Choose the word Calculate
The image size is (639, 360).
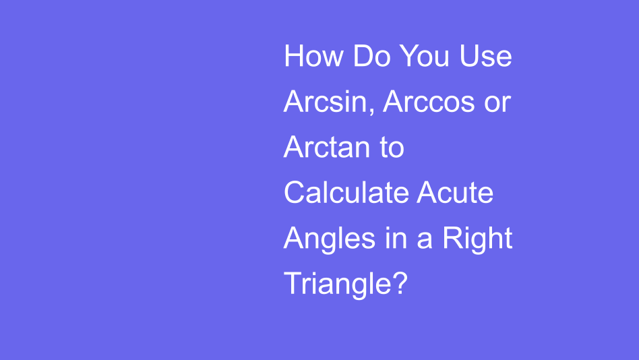tap(346, 193)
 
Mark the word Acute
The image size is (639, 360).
tap(456, 193)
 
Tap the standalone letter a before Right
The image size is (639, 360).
tap(424, 240)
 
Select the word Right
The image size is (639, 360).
tap(477, 239)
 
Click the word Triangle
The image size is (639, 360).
tap(337, 284)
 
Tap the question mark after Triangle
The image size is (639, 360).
tap(399, 282)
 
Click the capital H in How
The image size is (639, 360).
tap(294, 56)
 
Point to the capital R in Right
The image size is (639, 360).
tap(452, 239)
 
